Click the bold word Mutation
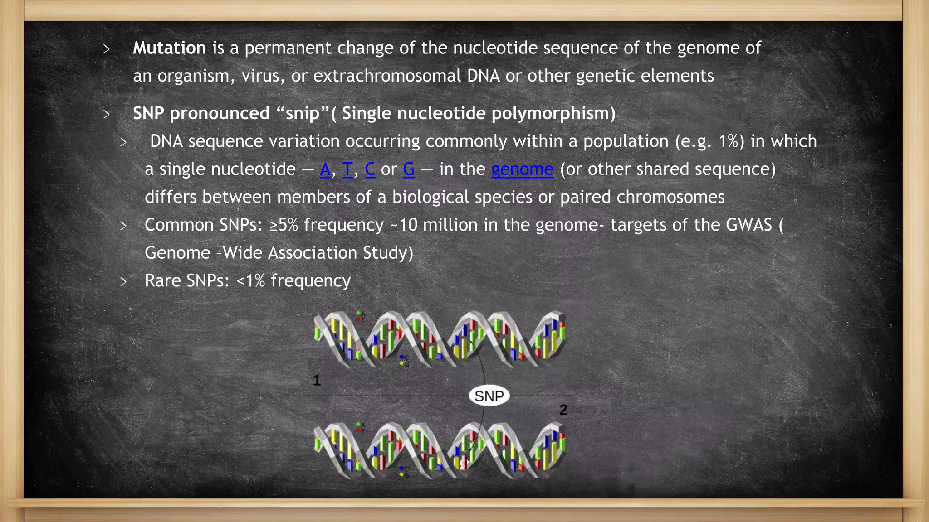point(169,48)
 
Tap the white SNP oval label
point(489,396)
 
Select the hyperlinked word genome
point(522,169)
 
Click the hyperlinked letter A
point(325,169)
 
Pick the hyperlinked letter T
point(347,169)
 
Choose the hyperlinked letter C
point(370,169)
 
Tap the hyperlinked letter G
point(409,169)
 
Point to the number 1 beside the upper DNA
point(317,380)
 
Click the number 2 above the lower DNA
point(563,410)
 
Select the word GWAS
point(749,225)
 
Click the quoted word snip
point(303,113)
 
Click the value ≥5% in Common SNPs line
point(284,225)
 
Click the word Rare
point(163,281)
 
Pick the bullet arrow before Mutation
point(107,49)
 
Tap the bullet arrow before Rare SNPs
point(123,282)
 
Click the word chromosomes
point(670,197)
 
